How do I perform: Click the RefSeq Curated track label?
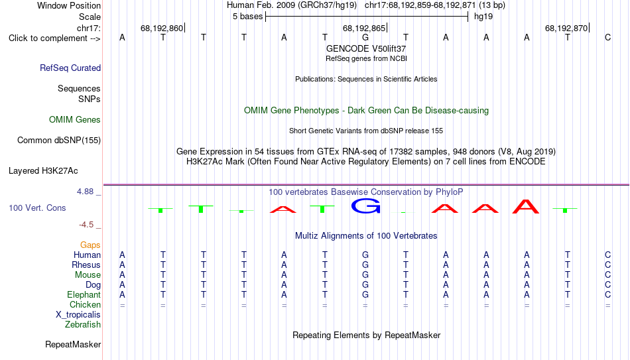pos(70,68)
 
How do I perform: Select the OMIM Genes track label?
pos(75,120)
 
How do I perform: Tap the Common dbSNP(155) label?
pos(59,141)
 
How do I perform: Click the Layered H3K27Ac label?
pos(43,171)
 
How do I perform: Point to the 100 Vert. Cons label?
pos(37,208)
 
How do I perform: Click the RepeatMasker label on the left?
pos(73,344)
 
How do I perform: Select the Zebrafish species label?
pos(83,324)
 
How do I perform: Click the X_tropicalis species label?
pos(78,315)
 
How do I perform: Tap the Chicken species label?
pos(85,304)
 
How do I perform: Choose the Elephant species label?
pos(84,294)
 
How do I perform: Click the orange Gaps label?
pos(90,245)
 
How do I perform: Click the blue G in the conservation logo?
pos(365,206)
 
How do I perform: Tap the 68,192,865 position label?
pos(363,28)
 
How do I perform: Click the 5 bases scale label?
pos(247,17)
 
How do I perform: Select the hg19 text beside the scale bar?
pos(483,17)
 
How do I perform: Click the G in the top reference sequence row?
pos(365,37)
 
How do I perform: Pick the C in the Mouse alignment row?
pos(608,275)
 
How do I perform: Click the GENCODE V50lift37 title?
pos(366,48)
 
